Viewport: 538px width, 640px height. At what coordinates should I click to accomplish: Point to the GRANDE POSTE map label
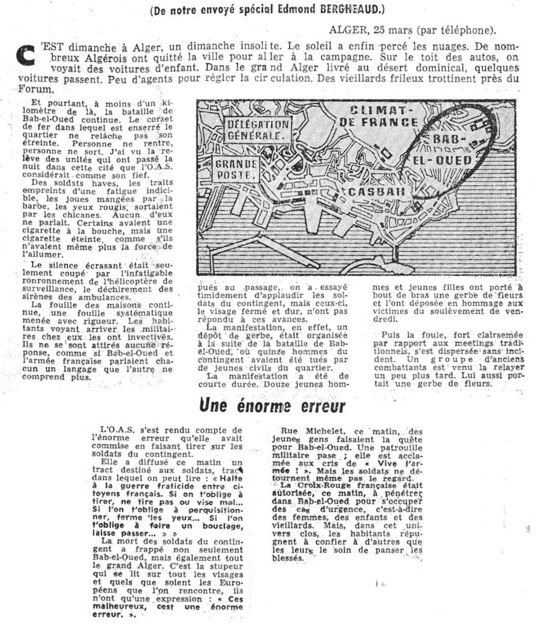[x=236, y=169]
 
